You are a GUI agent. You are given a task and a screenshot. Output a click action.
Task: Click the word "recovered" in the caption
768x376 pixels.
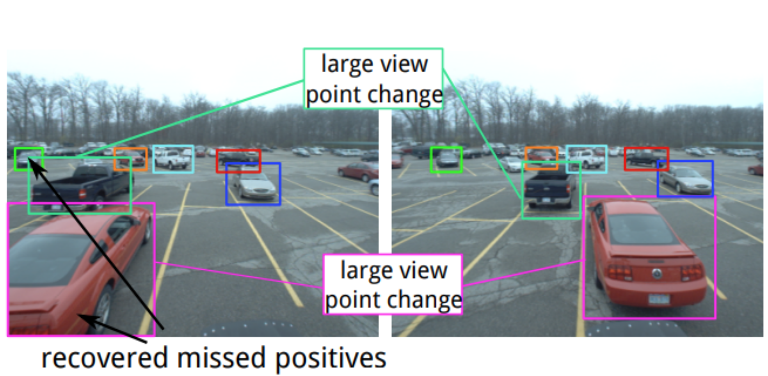tap(104, 358)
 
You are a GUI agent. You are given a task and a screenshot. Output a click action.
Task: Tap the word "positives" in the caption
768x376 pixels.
tap(331, 358)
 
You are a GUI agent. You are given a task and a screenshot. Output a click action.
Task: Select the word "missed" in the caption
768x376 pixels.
tap(221, 358)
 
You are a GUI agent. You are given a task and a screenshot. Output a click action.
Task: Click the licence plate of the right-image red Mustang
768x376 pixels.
tap(659, 299)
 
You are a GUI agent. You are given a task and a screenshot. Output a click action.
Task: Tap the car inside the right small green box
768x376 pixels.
tap(446, 160)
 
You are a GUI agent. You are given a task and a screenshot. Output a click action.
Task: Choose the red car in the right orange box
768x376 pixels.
tap(541, 157)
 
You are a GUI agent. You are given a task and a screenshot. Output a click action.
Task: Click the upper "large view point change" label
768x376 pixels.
tap(374, 79)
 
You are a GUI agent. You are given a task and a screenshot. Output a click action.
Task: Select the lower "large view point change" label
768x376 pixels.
tap(393, 285)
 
